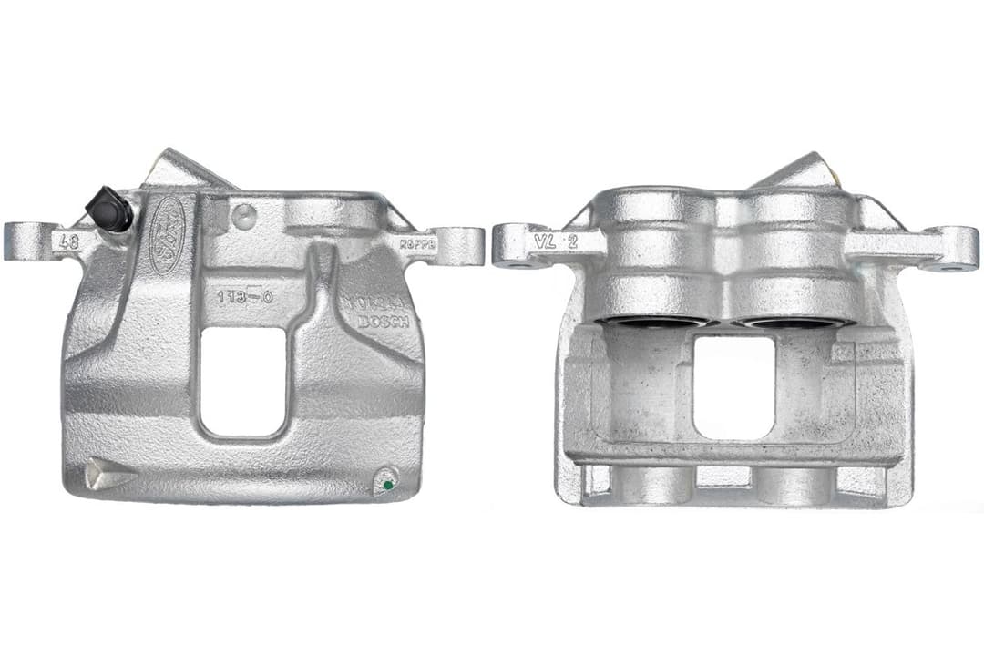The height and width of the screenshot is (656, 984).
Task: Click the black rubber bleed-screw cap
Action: pos(110,209)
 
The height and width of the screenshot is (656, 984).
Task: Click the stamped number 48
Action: pos(67,242)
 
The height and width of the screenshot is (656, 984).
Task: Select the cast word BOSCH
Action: pos(384,322)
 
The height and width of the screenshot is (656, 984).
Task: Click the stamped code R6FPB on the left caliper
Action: pos(418,245)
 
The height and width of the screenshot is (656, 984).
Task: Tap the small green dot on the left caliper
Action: pos(387,484)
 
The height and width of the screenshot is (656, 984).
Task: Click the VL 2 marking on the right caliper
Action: pos(558,242)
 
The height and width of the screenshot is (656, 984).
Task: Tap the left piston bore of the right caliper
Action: pos(651,322)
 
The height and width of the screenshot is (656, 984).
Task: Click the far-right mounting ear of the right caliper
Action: pos(957,249)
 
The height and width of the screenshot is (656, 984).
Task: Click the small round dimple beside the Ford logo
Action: pos(244,216)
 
